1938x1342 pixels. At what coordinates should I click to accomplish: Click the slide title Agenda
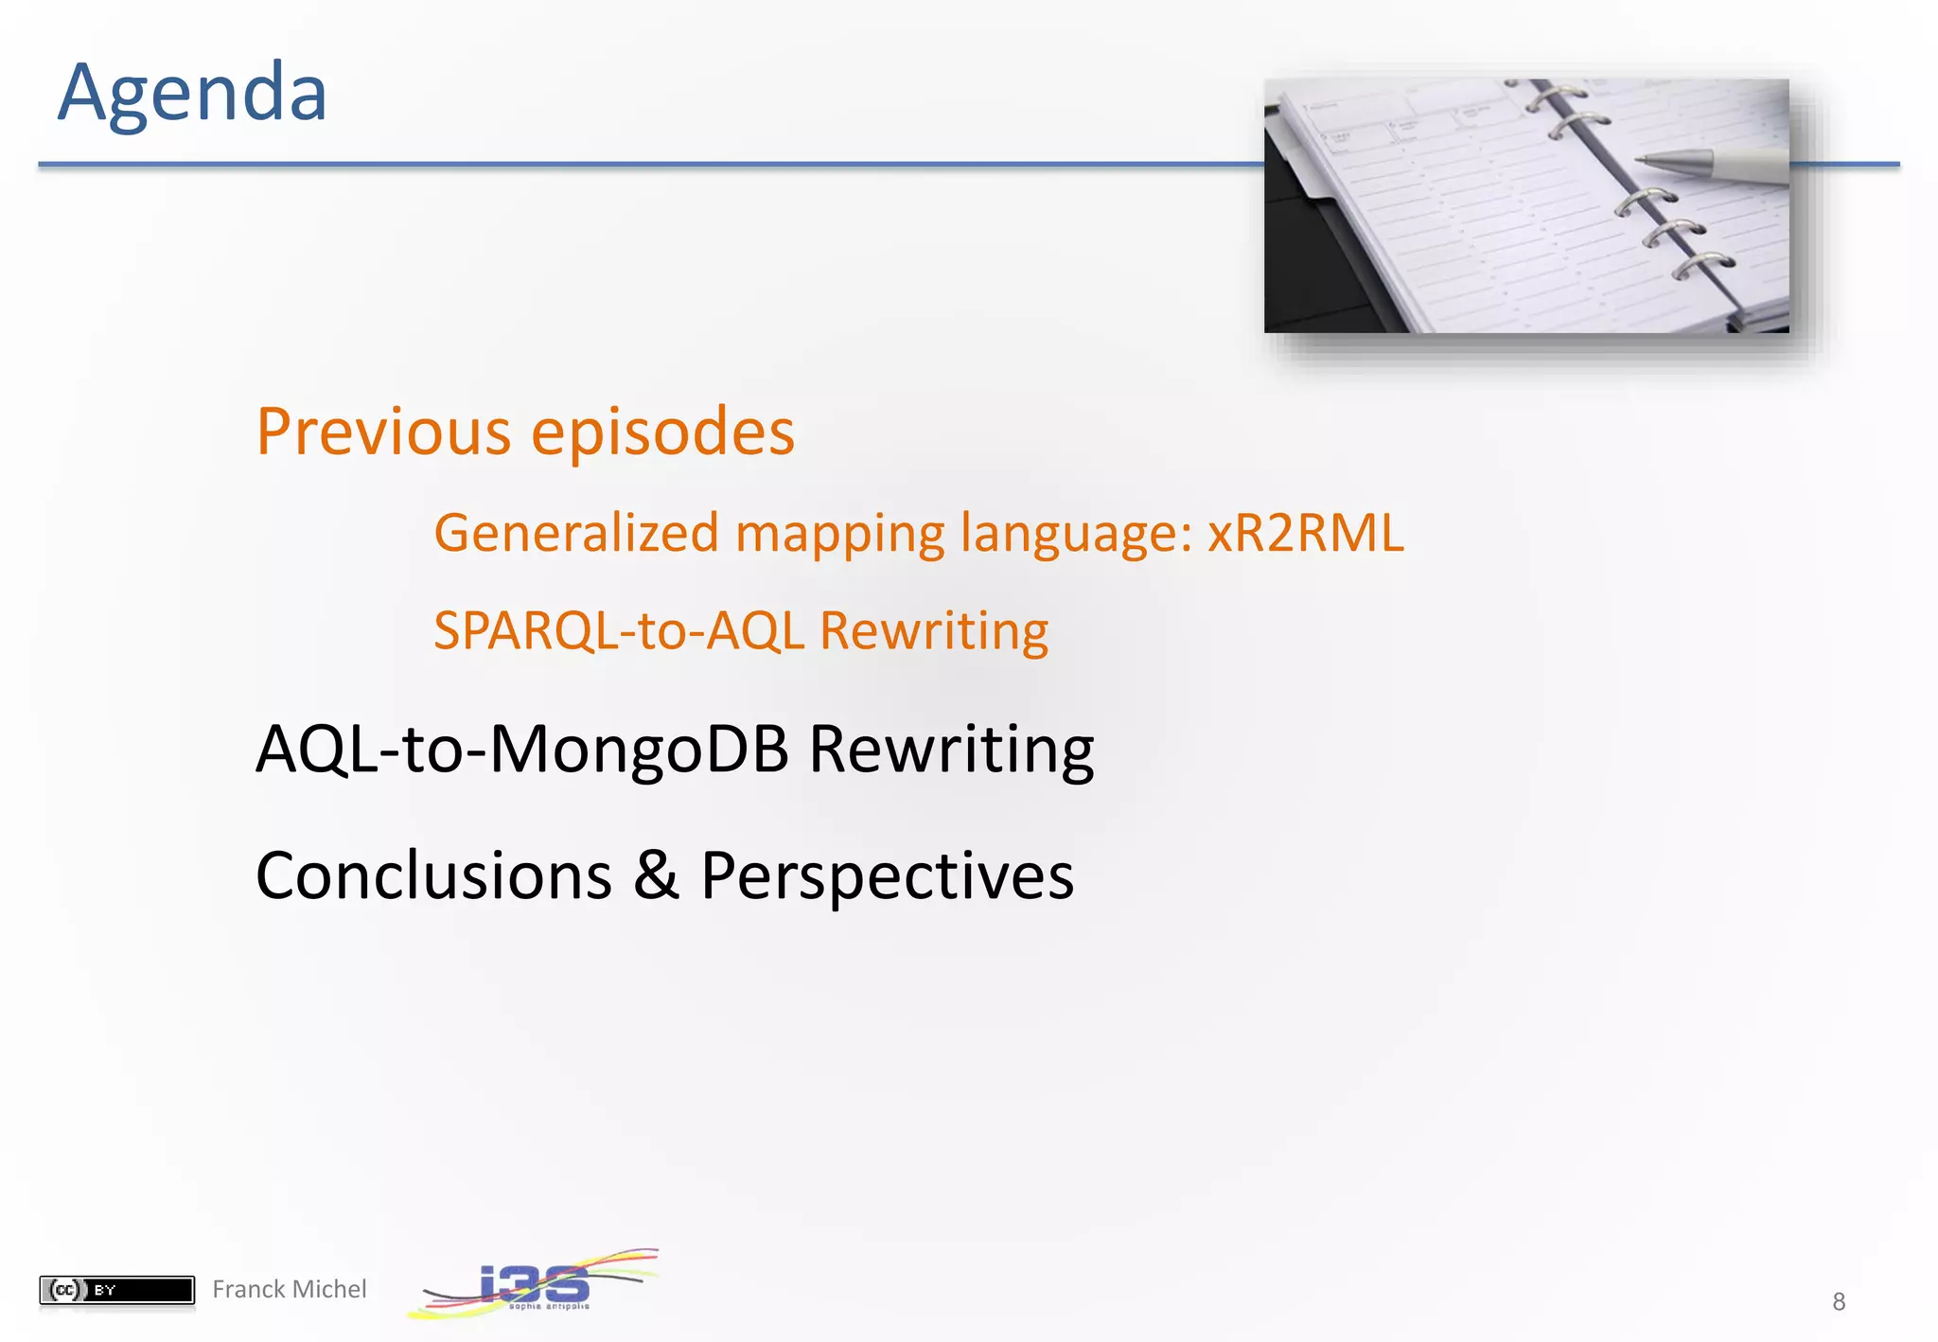[x=192, y=93]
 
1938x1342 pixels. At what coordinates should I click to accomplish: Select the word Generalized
[x=576, y=533]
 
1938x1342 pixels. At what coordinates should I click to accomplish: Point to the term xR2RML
[x=1305, y=533]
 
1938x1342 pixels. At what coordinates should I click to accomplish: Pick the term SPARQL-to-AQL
[x=619, y=631]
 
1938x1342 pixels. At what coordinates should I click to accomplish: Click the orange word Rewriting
[x=934, y=631]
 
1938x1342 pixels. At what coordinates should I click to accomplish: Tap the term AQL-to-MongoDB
[x=522, y=750]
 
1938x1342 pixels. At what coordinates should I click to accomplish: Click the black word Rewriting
[x=951, y=750]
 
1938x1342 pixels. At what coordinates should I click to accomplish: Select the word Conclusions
[x=433, y=875]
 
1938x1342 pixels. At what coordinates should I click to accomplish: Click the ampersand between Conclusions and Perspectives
[x=656, y=875]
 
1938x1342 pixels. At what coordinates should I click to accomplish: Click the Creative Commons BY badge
[x=116, y=1290]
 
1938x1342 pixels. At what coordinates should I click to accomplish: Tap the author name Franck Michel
[x=289, y=1289]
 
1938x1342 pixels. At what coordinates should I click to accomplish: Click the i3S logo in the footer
[x=535, y=1285]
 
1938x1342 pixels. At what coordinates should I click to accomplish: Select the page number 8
[x=1839, y=1302]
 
